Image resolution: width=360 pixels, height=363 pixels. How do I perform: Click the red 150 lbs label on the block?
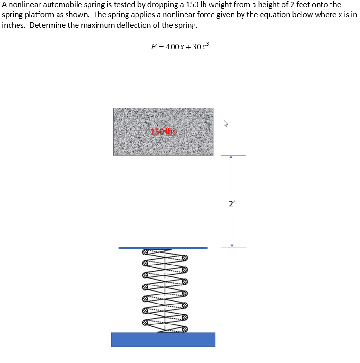point(163,132)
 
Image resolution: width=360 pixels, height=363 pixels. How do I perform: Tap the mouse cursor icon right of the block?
point(226,124)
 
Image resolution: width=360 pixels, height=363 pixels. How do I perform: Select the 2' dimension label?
point(232,204)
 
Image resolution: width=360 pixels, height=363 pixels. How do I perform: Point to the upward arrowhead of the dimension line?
point(231,157)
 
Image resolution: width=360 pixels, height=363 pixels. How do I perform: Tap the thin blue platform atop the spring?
point(163,248)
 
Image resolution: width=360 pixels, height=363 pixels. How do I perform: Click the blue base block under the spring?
point(163,339)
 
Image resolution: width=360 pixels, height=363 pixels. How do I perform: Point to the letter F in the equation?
point(153,48)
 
